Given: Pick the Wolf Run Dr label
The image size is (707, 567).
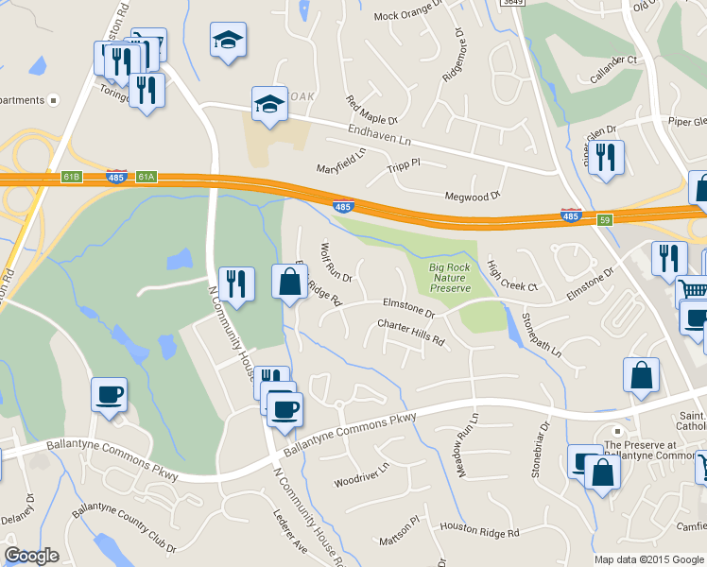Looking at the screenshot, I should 336,263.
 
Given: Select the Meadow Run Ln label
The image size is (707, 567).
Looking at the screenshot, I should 469,431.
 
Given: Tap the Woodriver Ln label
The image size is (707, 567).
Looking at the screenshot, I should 361,475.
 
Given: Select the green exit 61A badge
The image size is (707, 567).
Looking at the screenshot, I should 146,177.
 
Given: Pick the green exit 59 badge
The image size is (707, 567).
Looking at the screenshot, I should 605,219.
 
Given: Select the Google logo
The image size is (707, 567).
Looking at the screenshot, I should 32,556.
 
